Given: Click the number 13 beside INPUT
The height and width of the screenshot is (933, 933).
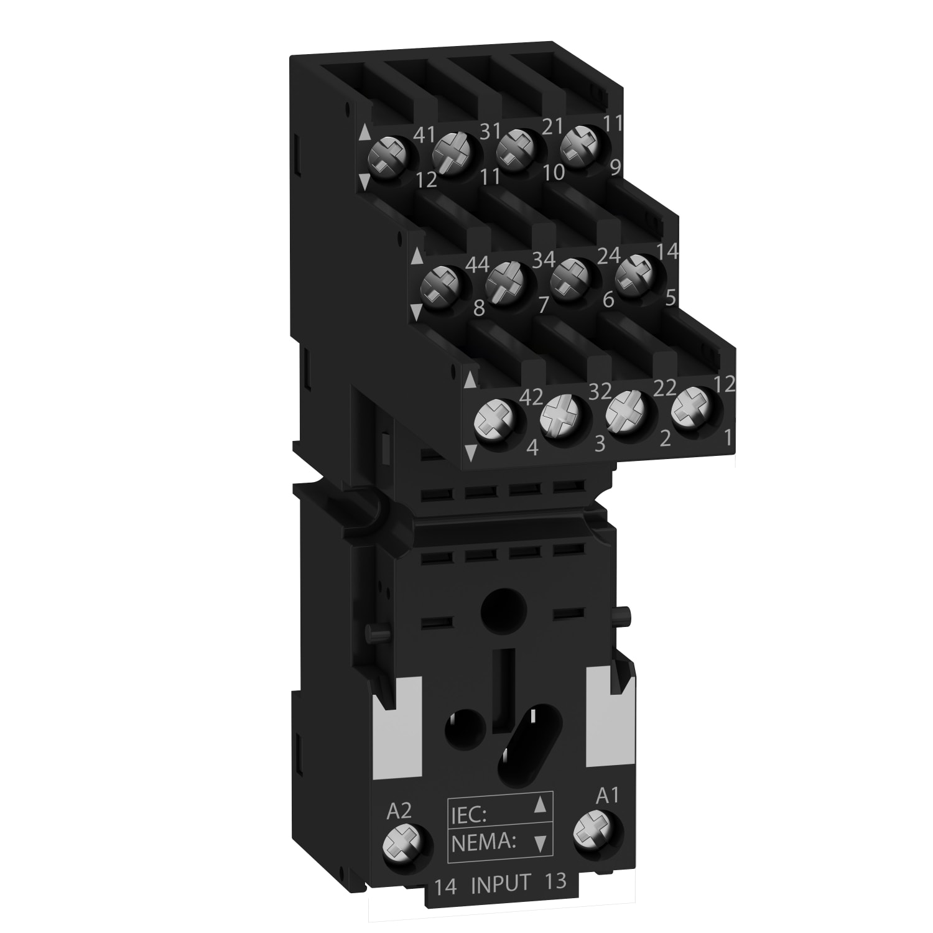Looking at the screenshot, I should click(556, 882).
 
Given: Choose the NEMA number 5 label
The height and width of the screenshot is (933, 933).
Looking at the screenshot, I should click(670, 299).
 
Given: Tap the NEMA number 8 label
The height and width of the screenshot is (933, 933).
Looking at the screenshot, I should click(478, 309).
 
